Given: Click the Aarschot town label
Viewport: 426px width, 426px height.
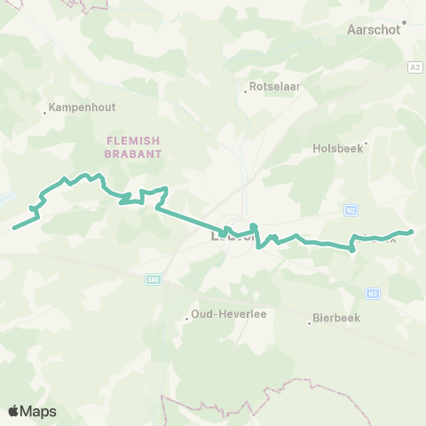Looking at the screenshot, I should (372, 30).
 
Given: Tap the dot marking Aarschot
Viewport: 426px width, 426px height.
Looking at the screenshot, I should (404, 22).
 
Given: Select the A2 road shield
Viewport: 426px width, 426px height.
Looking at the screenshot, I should (414, 67).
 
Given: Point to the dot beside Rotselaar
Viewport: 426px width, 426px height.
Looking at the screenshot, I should (246, 90).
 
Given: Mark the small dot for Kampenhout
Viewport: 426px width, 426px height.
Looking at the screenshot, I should (45, 112).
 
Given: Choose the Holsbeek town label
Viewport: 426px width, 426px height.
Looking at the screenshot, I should (338, 149).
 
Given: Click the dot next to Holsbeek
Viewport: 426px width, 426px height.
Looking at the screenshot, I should (366, 140).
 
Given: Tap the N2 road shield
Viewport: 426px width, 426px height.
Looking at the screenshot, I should (351, 210).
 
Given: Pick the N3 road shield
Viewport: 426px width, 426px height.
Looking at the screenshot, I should (373, 293).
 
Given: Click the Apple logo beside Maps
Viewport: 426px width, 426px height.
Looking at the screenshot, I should (13, 411).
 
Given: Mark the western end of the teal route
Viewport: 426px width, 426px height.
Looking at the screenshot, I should (13, 227).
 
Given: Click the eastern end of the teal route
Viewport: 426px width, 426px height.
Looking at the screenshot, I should (412, 233).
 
